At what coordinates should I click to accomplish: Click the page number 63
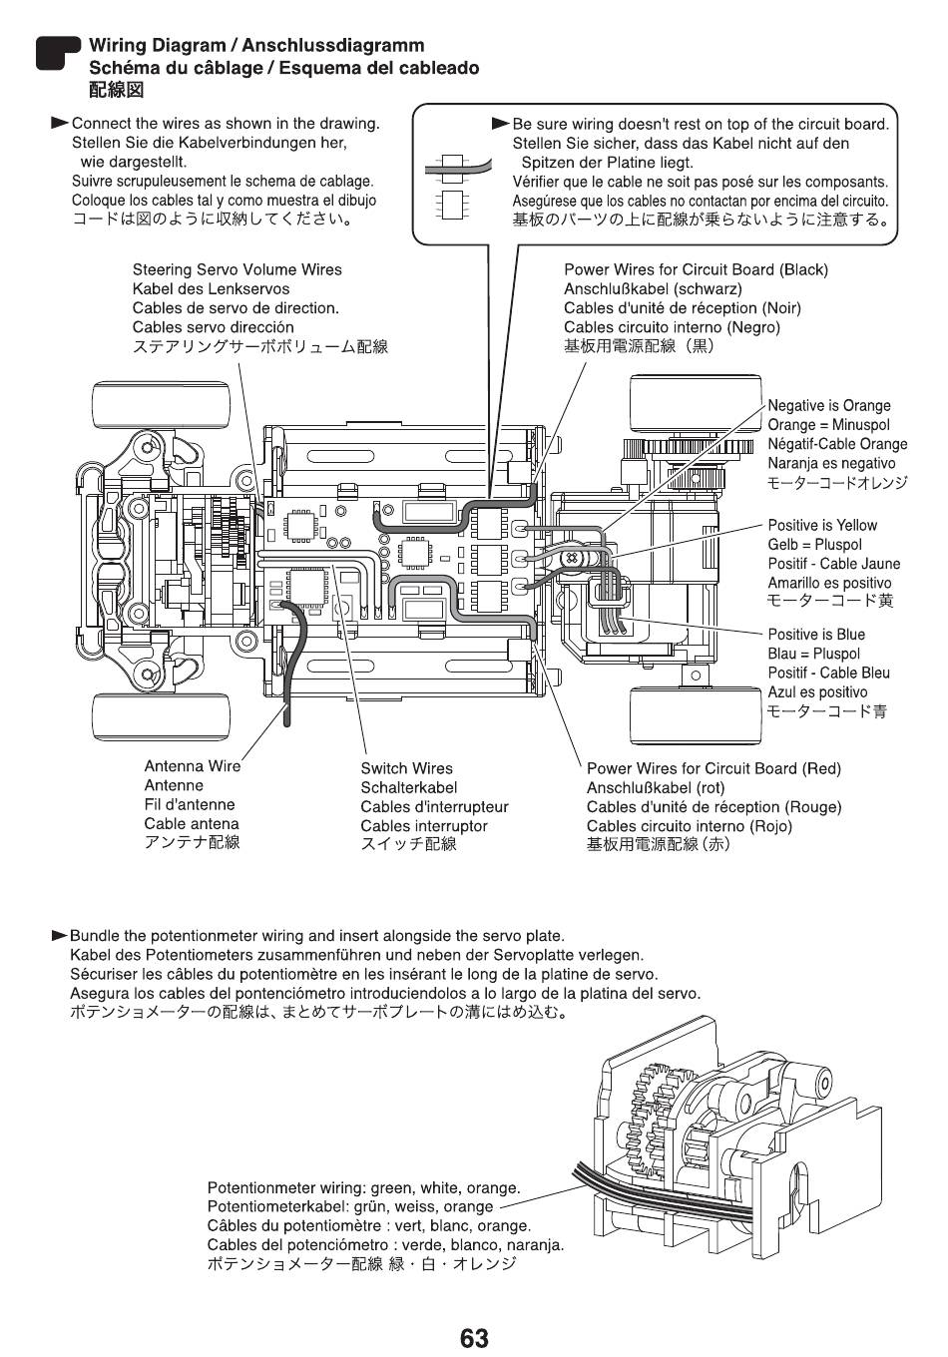[x=474, y=1338]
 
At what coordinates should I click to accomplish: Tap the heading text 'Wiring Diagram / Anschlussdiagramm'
[x=256, y=46]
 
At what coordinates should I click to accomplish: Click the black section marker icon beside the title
[x=58, y=53]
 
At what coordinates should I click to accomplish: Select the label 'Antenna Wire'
[x=192, y=766]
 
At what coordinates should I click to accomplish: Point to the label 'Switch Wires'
[x=406, y=768]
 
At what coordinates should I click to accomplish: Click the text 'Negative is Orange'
[x=828, y=406]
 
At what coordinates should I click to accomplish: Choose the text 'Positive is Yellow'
[x=822, y=525]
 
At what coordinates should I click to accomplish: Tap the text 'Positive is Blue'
[x=816, y=635]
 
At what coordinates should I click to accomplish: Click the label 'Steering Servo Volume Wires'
[x=237, y=269]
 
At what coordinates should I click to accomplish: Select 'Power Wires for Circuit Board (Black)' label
[x=696, y=270]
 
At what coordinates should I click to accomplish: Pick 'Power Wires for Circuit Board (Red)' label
[x=713, y=768]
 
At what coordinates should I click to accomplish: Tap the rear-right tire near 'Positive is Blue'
[x=696, y=715]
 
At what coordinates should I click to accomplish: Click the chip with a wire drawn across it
[x=451, y=168]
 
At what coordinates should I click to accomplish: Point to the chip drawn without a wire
[x=451, y=205]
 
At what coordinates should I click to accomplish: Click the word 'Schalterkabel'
[x=409, y=788]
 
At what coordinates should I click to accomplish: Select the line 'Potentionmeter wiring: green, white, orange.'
[x=363, y=1188]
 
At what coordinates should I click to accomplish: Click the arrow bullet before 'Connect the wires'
[x=59, y=124]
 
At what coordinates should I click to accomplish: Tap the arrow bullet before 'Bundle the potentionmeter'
[x=59, y=936]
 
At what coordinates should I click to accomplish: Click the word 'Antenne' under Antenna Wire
[x=174, y=785]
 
